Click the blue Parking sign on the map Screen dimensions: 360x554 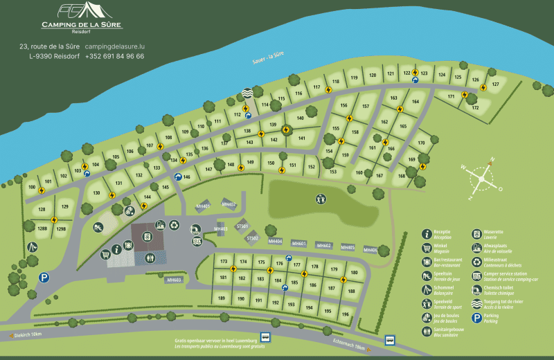[44, 278]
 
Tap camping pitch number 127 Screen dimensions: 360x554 [494, 84]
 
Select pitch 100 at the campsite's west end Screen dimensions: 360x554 [31, 187]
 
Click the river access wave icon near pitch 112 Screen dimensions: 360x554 [248, 93]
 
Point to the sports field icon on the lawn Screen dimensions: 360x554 [320, 199]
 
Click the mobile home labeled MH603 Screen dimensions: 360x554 [174, 280]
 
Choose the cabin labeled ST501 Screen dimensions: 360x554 [242, 226]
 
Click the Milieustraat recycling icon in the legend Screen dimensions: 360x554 [477, 262]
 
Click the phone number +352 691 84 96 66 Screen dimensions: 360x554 [114, 56]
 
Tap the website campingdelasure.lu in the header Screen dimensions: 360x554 [119, 46]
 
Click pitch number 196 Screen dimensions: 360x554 [345, 314]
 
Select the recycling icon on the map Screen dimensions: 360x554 [175, 224]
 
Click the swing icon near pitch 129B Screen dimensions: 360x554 [32, 247]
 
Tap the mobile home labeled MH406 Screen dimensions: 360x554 [370, 250]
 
